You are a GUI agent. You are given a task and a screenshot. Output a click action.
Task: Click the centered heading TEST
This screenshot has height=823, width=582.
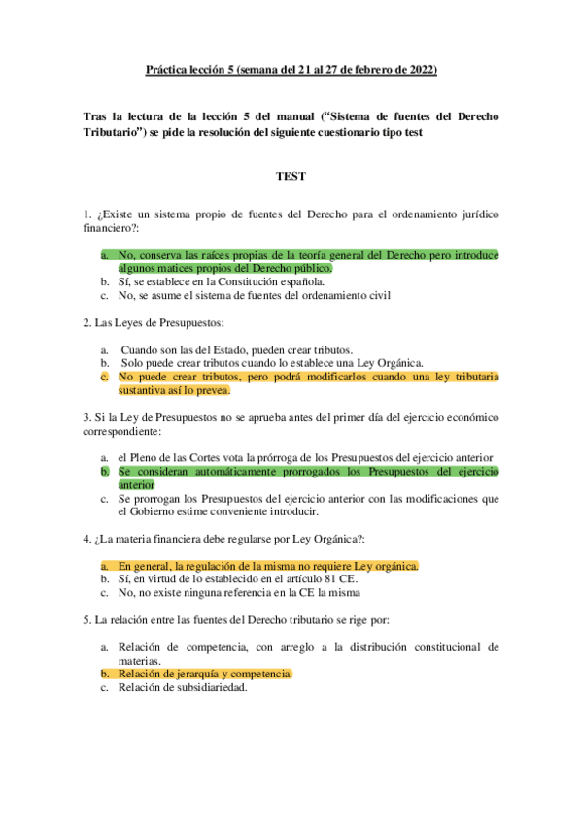click(x=291, y=177)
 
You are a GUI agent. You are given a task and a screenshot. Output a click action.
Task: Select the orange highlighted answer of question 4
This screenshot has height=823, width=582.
click(x=268, y=566)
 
